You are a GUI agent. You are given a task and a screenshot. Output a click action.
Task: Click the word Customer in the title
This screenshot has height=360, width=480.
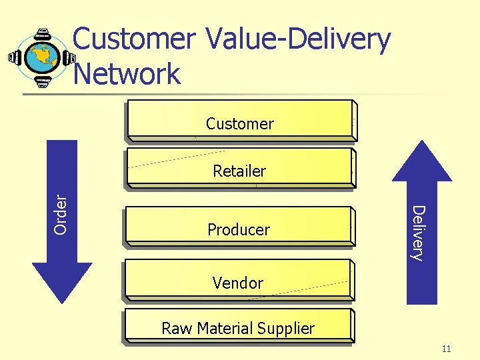(x=133, y=40)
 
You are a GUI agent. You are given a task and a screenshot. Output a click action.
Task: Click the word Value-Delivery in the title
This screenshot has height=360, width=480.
(x=297, y=40)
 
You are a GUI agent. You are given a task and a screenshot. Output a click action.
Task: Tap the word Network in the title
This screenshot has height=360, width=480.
(x=127, y=73)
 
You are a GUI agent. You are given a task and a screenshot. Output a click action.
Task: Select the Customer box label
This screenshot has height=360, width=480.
(x=239, y=124)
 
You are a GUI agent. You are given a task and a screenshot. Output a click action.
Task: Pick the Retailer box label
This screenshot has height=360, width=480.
(x=239, y=171)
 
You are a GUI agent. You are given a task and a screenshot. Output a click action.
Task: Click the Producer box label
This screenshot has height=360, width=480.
(x=239, y=230)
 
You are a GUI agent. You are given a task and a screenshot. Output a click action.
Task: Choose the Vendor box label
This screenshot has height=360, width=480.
(x=238, y=283)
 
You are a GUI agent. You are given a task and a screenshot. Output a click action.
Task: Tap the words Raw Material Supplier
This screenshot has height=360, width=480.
(x=238, y=329)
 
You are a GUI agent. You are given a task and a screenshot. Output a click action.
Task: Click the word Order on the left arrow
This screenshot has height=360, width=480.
(x=61, y=213)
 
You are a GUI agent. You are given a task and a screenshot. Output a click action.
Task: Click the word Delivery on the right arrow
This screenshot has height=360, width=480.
(x=417, y=233)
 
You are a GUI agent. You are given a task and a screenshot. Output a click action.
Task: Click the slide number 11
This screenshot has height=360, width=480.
(x=446, y=349)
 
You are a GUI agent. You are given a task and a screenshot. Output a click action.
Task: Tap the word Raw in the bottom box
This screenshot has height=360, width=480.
(x=175, y=329)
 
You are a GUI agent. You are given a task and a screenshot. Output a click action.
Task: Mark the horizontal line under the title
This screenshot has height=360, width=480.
(x=240, y=94)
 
